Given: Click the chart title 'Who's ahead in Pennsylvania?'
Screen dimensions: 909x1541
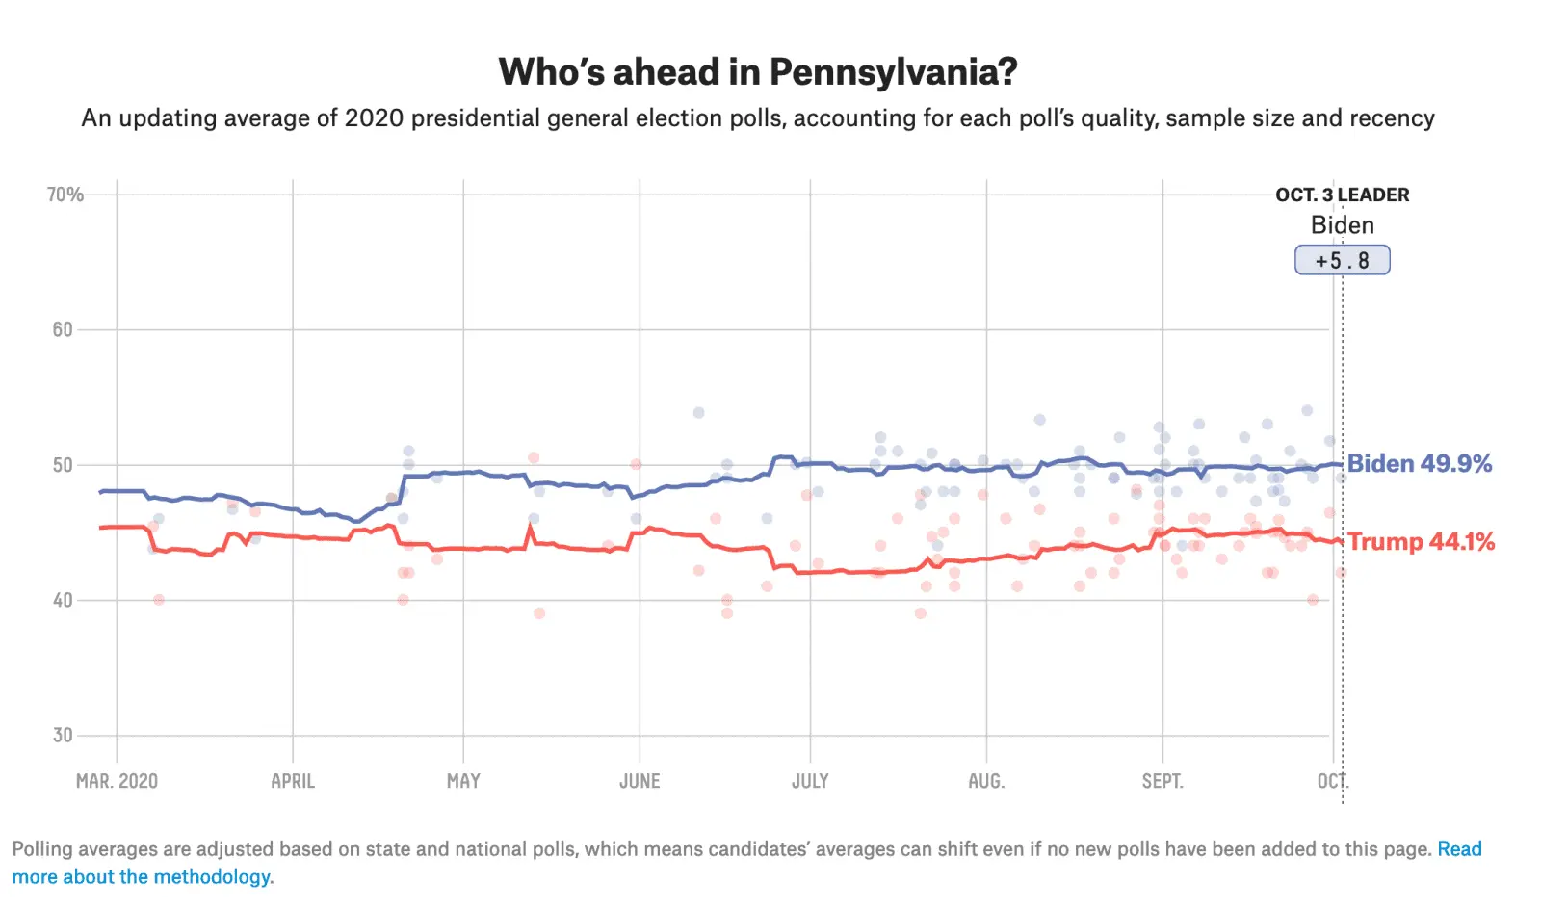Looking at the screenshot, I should tap(758, 72).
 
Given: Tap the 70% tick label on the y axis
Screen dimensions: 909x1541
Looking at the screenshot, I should tap(65, 195).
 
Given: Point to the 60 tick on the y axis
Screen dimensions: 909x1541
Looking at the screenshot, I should tap(63, 329).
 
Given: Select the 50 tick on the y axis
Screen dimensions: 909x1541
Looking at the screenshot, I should tap(63, 465).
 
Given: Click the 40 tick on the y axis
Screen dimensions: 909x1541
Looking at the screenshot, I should tap(63, 600).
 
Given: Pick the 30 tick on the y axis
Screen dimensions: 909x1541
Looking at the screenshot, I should tap(63, 736).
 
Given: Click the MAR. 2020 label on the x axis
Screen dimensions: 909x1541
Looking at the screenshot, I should tap(117, 781).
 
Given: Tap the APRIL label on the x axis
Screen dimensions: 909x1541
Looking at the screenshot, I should tap(293, 781).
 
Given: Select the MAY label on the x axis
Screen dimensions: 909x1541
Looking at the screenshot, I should tap(463, 781).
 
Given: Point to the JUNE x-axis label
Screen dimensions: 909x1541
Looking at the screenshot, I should tap(640, 781).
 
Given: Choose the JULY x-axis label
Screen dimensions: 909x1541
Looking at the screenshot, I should tap(810, 781).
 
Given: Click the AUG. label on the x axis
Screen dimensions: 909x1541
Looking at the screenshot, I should tap(986, 781).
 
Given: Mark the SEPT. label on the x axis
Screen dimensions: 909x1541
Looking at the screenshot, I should tap(1162, 781).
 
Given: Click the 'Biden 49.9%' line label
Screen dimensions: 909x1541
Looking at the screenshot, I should tap(1419, 463).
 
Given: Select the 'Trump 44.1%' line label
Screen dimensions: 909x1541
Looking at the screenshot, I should tap(1421, 541).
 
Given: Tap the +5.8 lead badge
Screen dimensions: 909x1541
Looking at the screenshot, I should tap(1342, 260).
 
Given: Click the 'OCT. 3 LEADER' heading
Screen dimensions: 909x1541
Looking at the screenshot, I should tap(1342, 195).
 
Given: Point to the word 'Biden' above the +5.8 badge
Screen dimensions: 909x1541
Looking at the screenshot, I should tap(1342, 225).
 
